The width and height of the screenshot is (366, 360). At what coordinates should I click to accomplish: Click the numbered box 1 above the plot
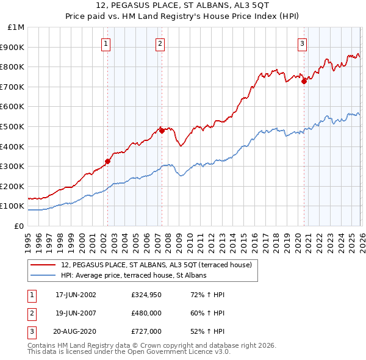tap(106, 43)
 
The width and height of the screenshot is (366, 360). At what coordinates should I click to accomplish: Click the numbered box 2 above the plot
tap(160, 43)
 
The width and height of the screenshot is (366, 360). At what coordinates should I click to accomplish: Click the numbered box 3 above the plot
tap(302, 43)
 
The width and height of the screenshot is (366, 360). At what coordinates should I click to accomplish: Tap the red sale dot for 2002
tap(108, 162)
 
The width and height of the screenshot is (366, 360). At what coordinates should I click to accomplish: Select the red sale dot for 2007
tap(162, 131)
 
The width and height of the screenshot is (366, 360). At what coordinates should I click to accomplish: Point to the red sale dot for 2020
tap(304, 82)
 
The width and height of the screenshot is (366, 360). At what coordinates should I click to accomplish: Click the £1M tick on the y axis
tap(16, 27)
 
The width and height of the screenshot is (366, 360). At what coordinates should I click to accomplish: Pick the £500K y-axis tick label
tap(13, 126)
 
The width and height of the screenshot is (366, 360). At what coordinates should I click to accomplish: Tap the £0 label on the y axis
tap(19, 226)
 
